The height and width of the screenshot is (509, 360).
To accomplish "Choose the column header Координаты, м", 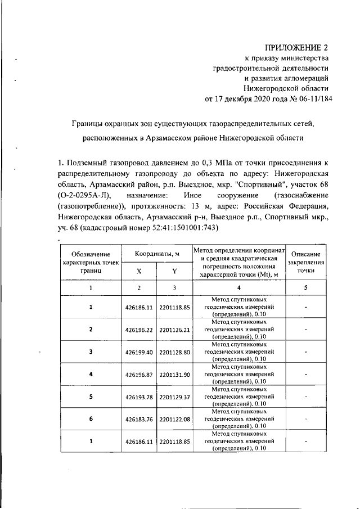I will [157, 254].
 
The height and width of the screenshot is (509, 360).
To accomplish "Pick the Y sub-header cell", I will [175, 271].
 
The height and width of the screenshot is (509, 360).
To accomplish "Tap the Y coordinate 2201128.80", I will [175, 352].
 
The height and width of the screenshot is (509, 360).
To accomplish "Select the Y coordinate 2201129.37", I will [175, 397].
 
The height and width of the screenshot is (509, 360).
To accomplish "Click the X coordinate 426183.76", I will [139, 420].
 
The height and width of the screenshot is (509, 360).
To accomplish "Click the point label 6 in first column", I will [91, 420].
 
